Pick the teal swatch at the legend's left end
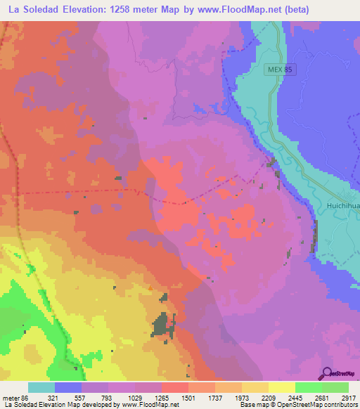[41, 387]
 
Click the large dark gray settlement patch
[164, 324]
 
